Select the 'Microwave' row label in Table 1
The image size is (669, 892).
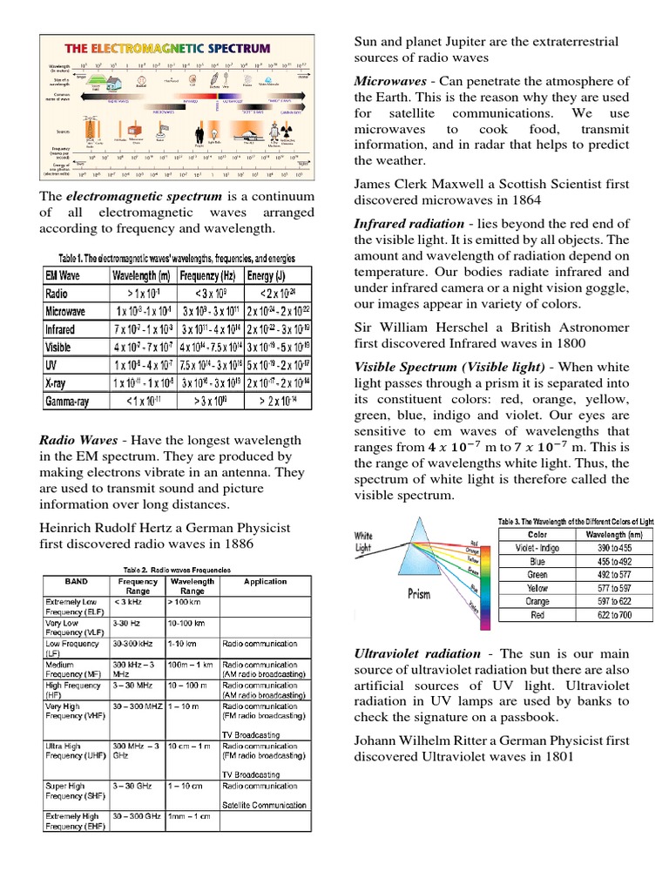65,311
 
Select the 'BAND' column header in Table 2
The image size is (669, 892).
76,581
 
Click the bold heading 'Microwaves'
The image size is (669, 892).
390,81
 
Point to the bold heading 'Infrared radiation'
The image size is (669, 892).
408,224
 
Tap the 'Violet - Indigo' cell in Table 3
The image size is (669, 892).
537,548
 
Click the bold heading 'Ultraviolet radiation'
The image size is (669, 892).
416,653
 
